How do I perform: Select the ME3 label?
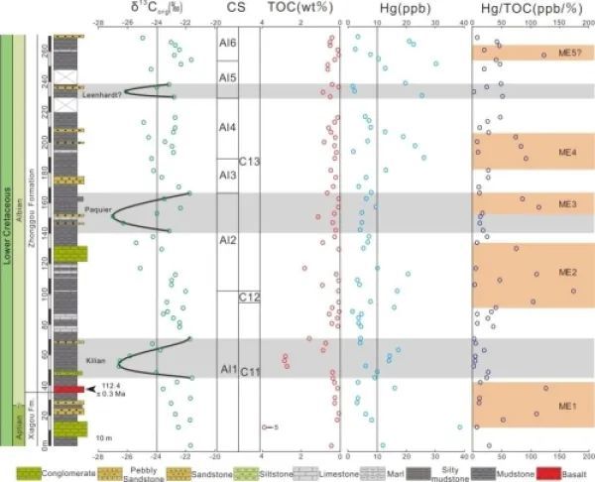[567, 204]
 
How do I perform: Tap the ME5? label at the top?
[566, 54]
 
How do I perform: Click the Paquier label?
[97, 209]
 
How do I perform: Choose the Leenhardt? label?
[102, 94]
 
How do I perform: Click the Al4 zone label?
[227, 128]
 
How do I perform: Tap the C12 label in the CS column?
[249, 298]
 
